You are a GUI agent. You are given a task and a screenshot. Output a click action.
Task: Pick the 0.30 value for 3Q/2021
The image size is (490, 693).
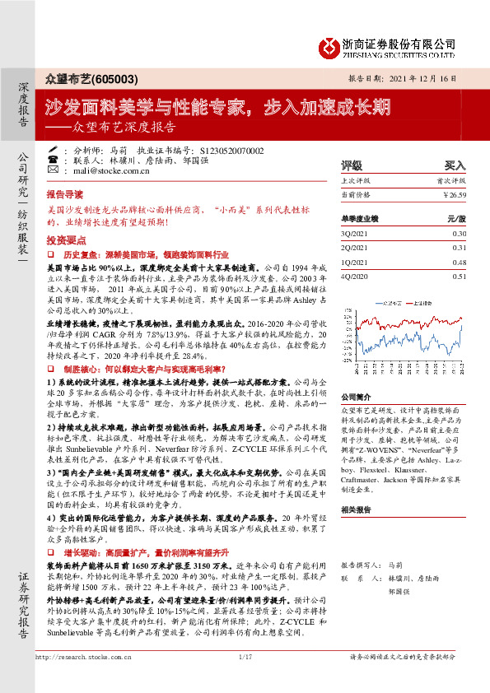[459, 234]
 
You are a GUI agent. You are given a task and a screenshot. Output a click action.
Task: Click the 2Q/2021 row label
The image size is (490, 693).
[354, 247]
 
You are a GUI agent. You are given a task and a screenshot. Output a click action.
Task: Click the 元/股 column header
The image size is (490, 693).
[455, 219]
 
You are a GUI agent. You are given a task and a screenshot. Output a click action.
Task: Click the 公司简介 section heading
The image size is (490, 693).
[357, 396]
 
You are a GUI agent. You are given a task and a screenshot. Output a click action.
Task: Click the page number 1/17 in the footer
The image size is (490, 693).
[245, 681]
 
